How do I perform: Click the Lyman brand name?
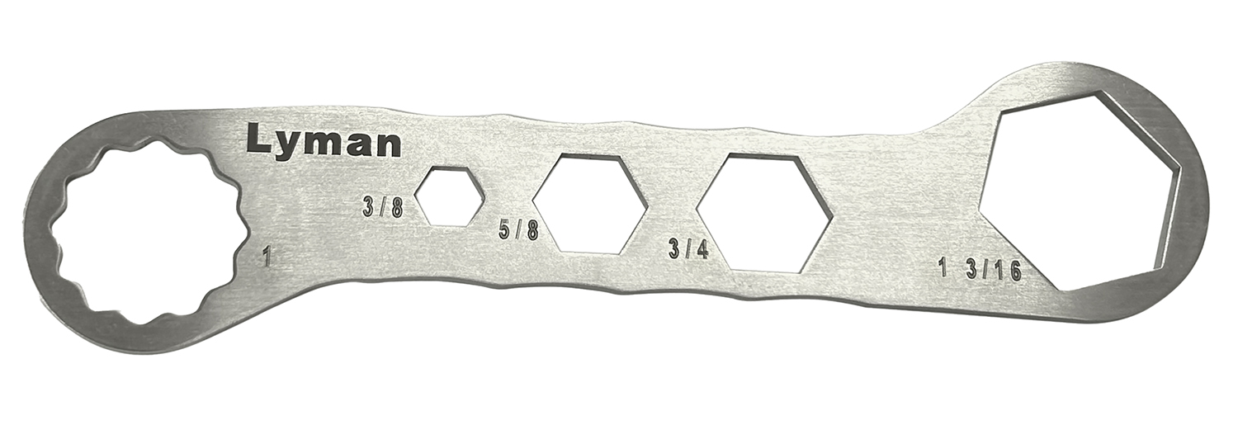click(x=324, y=142)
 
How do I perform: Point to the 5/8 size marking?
click(x=519, y=230)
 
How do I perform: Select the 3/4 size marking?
click(x=689, y=248)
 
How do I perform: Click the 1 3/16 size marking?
click(x=980, y=269)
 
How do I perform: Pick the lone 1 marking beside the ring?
click(x=266, y=256)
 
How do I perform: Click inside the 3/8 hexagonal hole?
click(x=449, y=195)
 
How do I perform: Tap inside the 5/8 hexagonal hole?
click(x=589, y=203)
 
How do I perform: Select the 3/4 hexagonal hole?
click(x=765, y=212)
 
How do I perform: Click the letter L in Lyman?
click(x=258, y=140)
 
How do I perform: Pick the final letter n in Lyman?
click(x=388, y=144)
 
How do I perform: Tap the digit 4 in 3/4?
click(x=702, y=248)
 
